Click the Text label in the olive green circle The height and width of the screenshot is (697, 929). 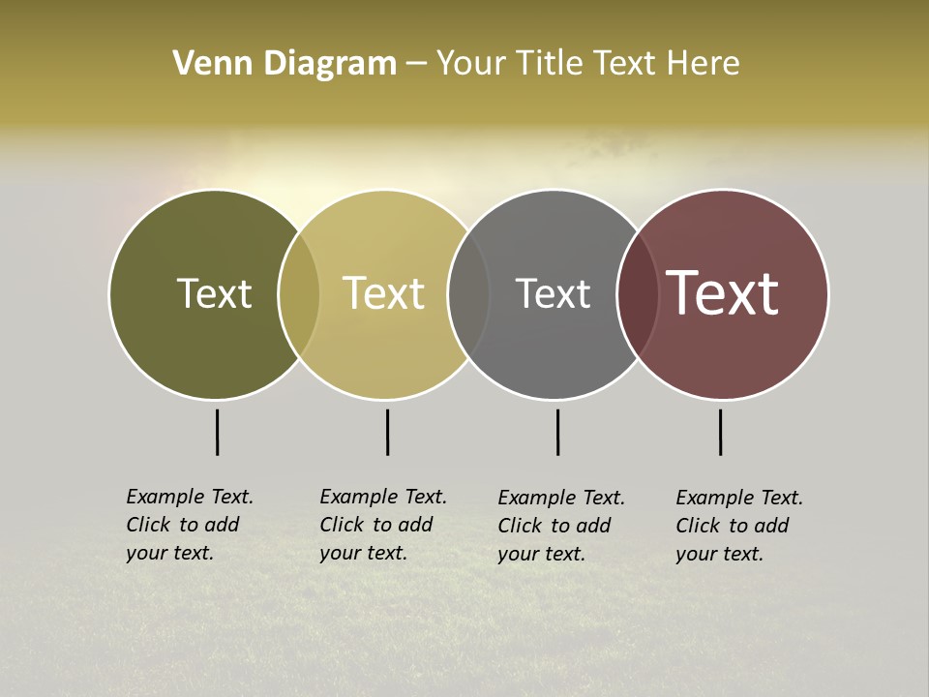click(x=214, y=294)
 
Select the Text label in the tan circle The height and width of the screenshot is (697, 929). click(x=383, y=294)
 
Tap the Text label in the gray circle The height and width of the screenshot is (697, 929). click(x=553, y=294)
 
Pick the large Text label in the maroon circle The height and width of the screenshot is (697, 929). click(x=723, y=294)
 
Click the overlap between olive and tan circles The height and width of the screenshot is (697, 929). click(x=299, y=294)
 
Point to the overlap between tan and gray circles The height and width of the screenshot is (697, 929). click(x=468, y=294)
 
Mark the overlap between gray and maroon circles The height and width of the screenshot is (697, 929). click(x=638, y=294)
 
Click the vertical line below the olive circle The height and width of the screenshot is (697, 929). click(x=218, y=432)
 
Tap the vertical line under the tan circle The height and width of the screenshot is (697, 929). click(x=387, y=432)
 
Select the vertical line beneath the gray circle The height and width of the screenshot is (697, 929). click(x=557, y=432)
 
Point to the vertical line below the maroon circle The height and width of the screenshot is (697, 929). click(x=720, y=432)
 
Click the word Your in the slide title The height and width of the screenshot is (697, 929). click(x=471, y=64)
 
